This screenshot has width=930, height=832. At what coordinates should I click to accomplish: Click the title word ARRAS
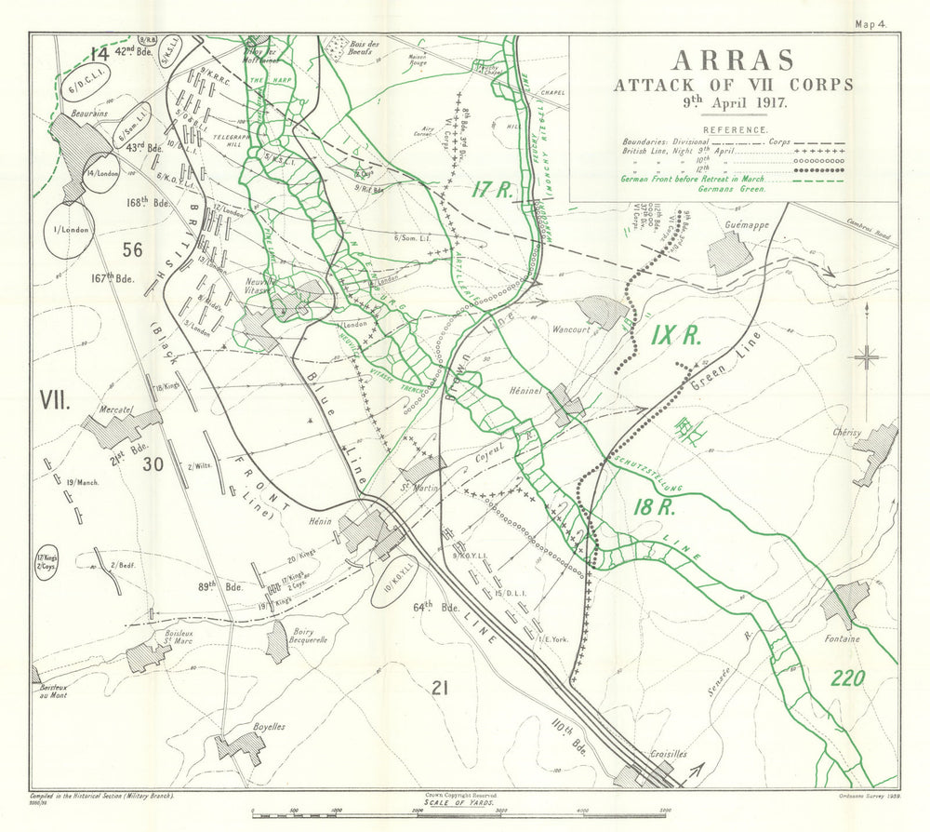click(x=733, y=60)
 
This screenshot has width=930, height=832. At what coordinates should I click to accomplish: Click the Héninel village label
click(x=527, y=392)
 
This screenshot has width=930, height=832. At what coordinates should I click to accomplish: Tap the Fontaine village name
click(x=843, y=638)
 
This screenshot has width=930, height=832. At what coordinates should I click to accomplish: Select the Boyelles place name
click(x=243, y=726)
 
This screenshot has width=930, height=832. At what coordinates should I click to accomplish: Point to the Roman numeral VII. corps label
click(x=56, y=400)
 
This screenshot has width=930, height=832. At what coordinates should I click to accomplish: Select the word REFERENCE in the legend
click(x=735, y=130)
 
